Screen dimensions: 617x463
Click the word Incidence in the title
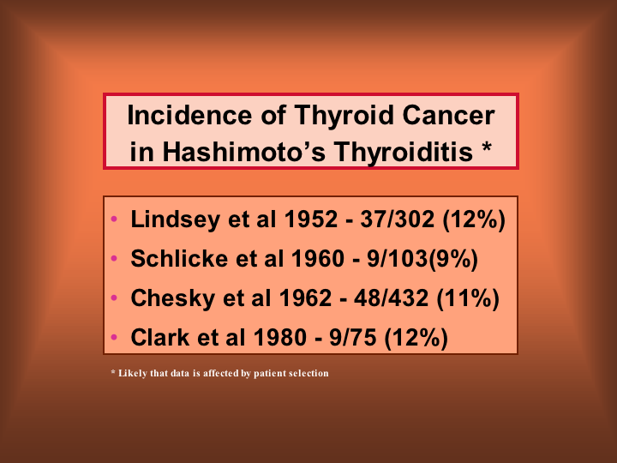[189, 115]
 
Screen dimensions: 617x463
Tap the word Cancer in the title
[448, 115]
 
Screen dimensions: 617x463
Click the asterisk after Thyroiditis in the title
[487, 148]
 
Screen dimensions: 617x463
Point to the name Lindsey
[175, 219]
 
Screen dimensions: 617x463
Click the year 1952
[311, 219]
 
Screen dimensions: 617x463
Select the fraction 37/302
[398, 219]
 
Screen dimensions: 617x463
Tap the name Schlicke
[179, 258]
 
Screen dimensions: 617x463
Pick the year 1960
[318, 258]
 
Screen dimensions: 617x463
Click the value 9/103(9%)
[422, 259]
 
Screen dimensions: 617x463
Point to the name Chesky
[173, 298]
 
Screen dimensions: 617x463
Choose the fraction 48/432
[391, 298]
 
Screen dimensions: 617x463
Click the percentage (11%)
[468, 298]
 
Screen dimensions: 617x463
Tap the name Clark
[159, 337]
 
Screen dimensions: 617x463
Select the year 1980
[279, 337]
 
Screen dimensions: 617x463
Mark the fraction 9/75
[352, 337]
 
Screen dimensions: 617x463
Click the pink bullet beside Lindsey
[114, 219]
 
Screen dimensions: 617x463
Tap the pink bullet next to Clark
[114, 337]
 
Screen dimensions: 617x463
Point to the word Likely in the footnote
[133, 373]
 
